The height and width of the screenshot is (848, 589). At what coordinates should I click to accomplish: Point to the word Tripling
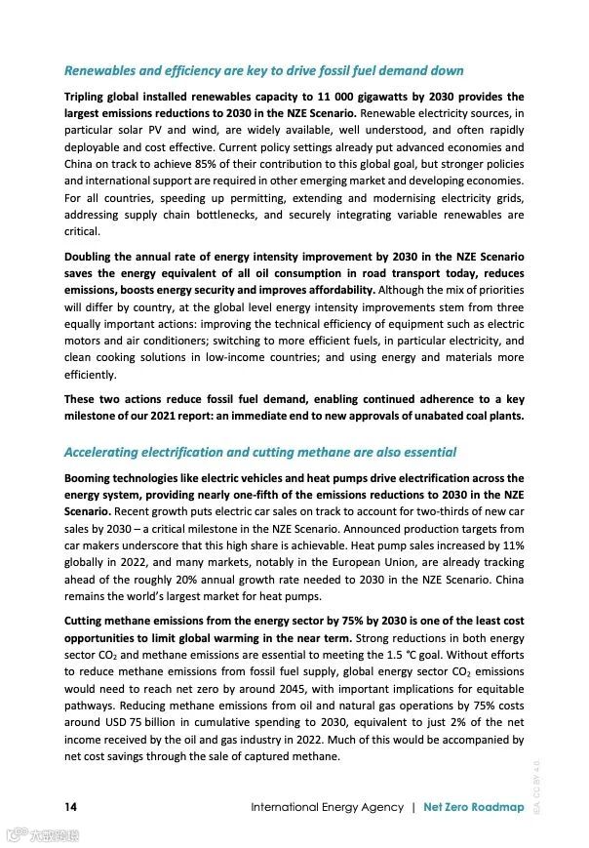pos(89,97)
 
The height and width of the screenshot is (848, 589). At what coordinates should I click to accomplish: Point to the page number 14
pos(70,807)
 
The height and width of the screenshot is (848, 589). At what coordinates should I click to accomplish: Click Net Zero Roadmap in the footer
pos(474,807)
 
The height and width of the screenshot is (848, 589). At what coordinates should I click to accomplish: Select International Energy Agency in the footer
pos(327,807)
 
